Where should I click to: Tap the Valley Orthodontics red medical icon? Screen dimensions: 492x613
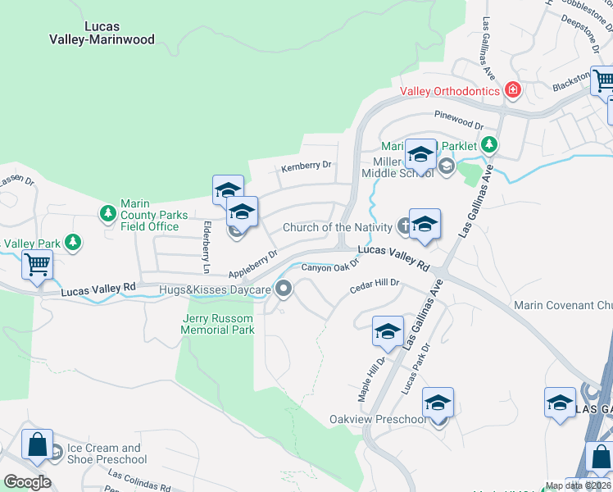[x=513, y=90]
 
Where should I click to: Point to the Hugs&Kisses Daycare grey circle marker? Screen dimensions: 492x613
[x=284, y=288]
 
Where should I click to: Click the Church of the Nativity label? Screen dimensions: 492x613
[x=338, y=227]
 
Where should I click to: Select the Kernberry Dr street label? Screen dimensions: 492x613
[x=306, y=166]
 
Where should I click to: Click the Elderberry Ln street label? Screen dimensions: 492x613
[x=207, y=247]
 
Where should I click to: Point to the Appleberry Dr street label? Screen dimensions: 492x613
[x=254, y=265]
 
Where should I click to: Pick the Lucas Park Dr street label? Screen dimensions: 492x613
[x=415, y=365]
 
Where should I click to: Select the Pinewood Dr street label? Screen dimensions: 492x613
[x=459, y=121]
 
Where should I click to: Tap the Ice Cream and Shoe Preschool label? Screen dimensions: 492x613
[x=104, y=453]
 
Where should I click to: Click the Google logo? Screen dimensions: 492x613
[x=27, y=482]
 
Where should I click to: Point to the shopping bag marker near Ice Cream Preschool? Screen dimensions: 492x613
[x=37, y=446]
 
